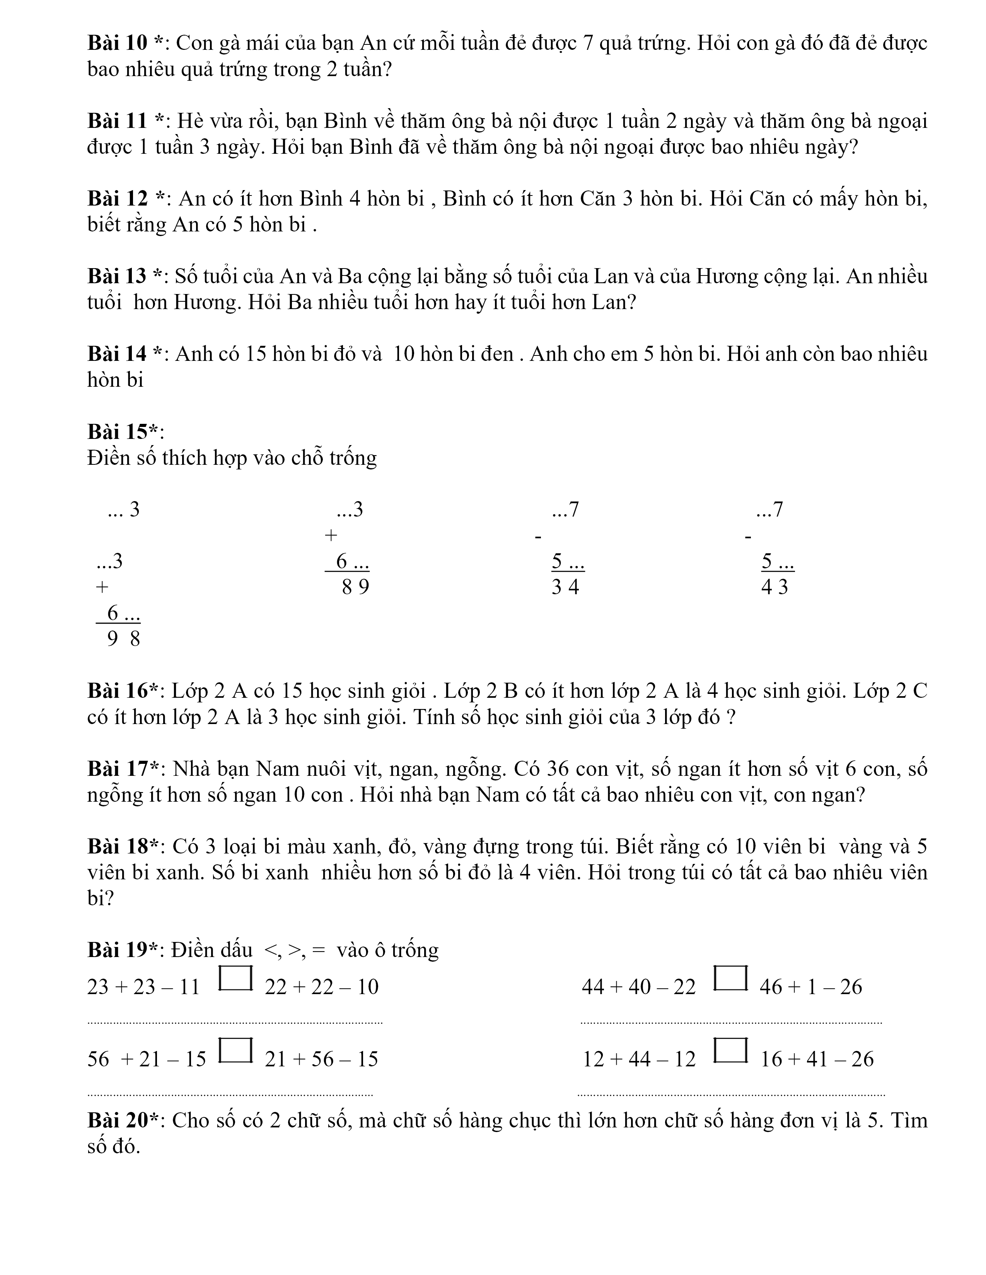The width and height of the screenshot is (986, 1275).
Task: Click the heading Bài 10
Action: pyautogui.click(x=120, y=43)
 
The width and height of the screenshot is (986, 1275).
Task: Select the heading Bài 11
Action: pyautogui.click(x=120, y=121)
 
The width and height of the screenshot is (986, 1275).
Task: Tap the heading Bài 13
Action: pyautogui.click(x=120, y=276)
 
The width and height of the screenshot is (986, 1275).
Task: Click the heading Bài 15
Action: pyautogui.click(x=123, y=432)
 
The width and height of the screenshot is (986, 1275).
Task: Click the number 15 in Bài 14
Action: pyautogui.click(x=255, y=354)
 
